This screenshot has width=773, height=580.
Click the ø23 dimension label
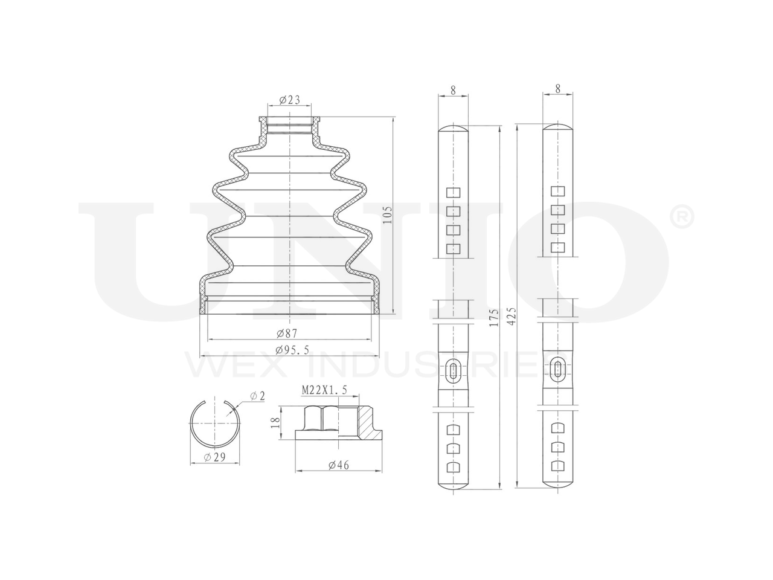point(289,100)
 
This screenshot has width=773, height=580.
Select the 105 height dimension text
point(387,216)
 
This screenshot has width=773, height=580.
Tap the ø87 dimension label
point(287,333)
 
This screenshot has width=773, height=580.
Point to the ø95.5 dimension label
point(292,350)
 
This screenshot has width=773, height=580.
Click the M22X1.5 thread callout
point(324,390)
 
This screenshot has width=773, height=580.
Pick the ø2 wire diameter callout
point(257,396)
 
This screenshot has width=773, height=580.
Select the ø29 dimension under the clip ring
point(214,457)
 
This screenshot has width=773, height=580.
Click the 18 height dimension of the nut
point(276,422)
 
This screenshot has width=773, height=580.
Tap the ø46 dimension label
point(338,465)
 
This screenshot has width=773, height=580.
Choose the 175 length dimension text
point(494,318)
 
